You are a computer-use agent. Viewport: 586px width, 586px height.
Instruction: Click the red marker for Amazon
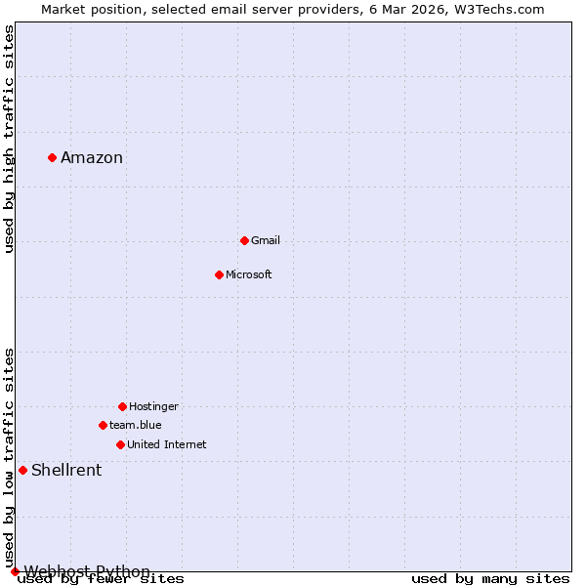point(52,157)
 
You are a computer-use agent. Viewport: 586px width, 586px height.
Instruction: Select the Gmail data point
point(244,240)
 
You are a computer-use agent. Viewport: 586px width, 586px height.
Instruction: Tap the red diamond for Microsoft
point(219,274)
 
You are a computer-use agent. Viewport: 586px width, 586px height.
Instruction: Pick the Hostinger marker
point(122,406)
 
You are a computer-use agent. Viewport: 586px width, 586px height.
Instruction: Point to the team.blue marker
point(103,425)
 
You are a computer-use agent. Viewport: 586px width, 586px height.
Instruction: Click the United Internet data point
point(120,444)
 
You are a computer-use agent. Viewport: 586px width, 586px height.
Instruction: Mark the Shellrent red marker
point(22,470)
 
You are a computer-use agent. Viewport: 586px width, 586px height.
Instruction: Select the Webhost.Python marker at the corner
point(15,571)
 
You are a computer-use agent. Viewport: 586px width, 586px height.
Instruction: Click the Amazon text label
point(92,158)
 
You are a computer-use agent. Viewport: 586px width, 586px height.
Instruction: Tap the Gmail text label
point(266,240)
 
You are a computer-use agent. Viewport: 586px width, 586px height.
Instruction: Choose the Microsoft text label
point(249,274)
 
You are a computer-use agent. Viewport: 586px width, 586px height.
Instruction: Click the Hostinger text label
point(153,406)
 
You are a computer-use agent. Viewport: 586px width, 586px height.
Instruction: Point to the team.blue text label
point(136,425)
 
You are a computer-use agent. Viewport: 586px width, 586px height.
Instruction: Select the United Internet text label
point(167,444)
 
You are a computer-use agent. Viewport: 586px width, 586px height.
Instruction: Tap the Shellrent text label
point(66,471)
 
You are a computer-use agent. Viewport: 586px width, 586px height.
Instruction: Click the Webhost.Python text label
point(87,571)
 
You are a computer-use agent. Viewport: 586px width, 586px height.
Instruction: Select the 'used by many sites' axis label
point(490,579)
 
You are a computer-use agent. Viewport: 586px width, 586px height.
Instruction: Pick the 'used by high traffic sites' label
point(9,139)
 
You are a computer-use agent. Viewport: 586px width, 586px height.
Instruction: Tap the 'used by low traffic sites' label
point(9,457)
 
